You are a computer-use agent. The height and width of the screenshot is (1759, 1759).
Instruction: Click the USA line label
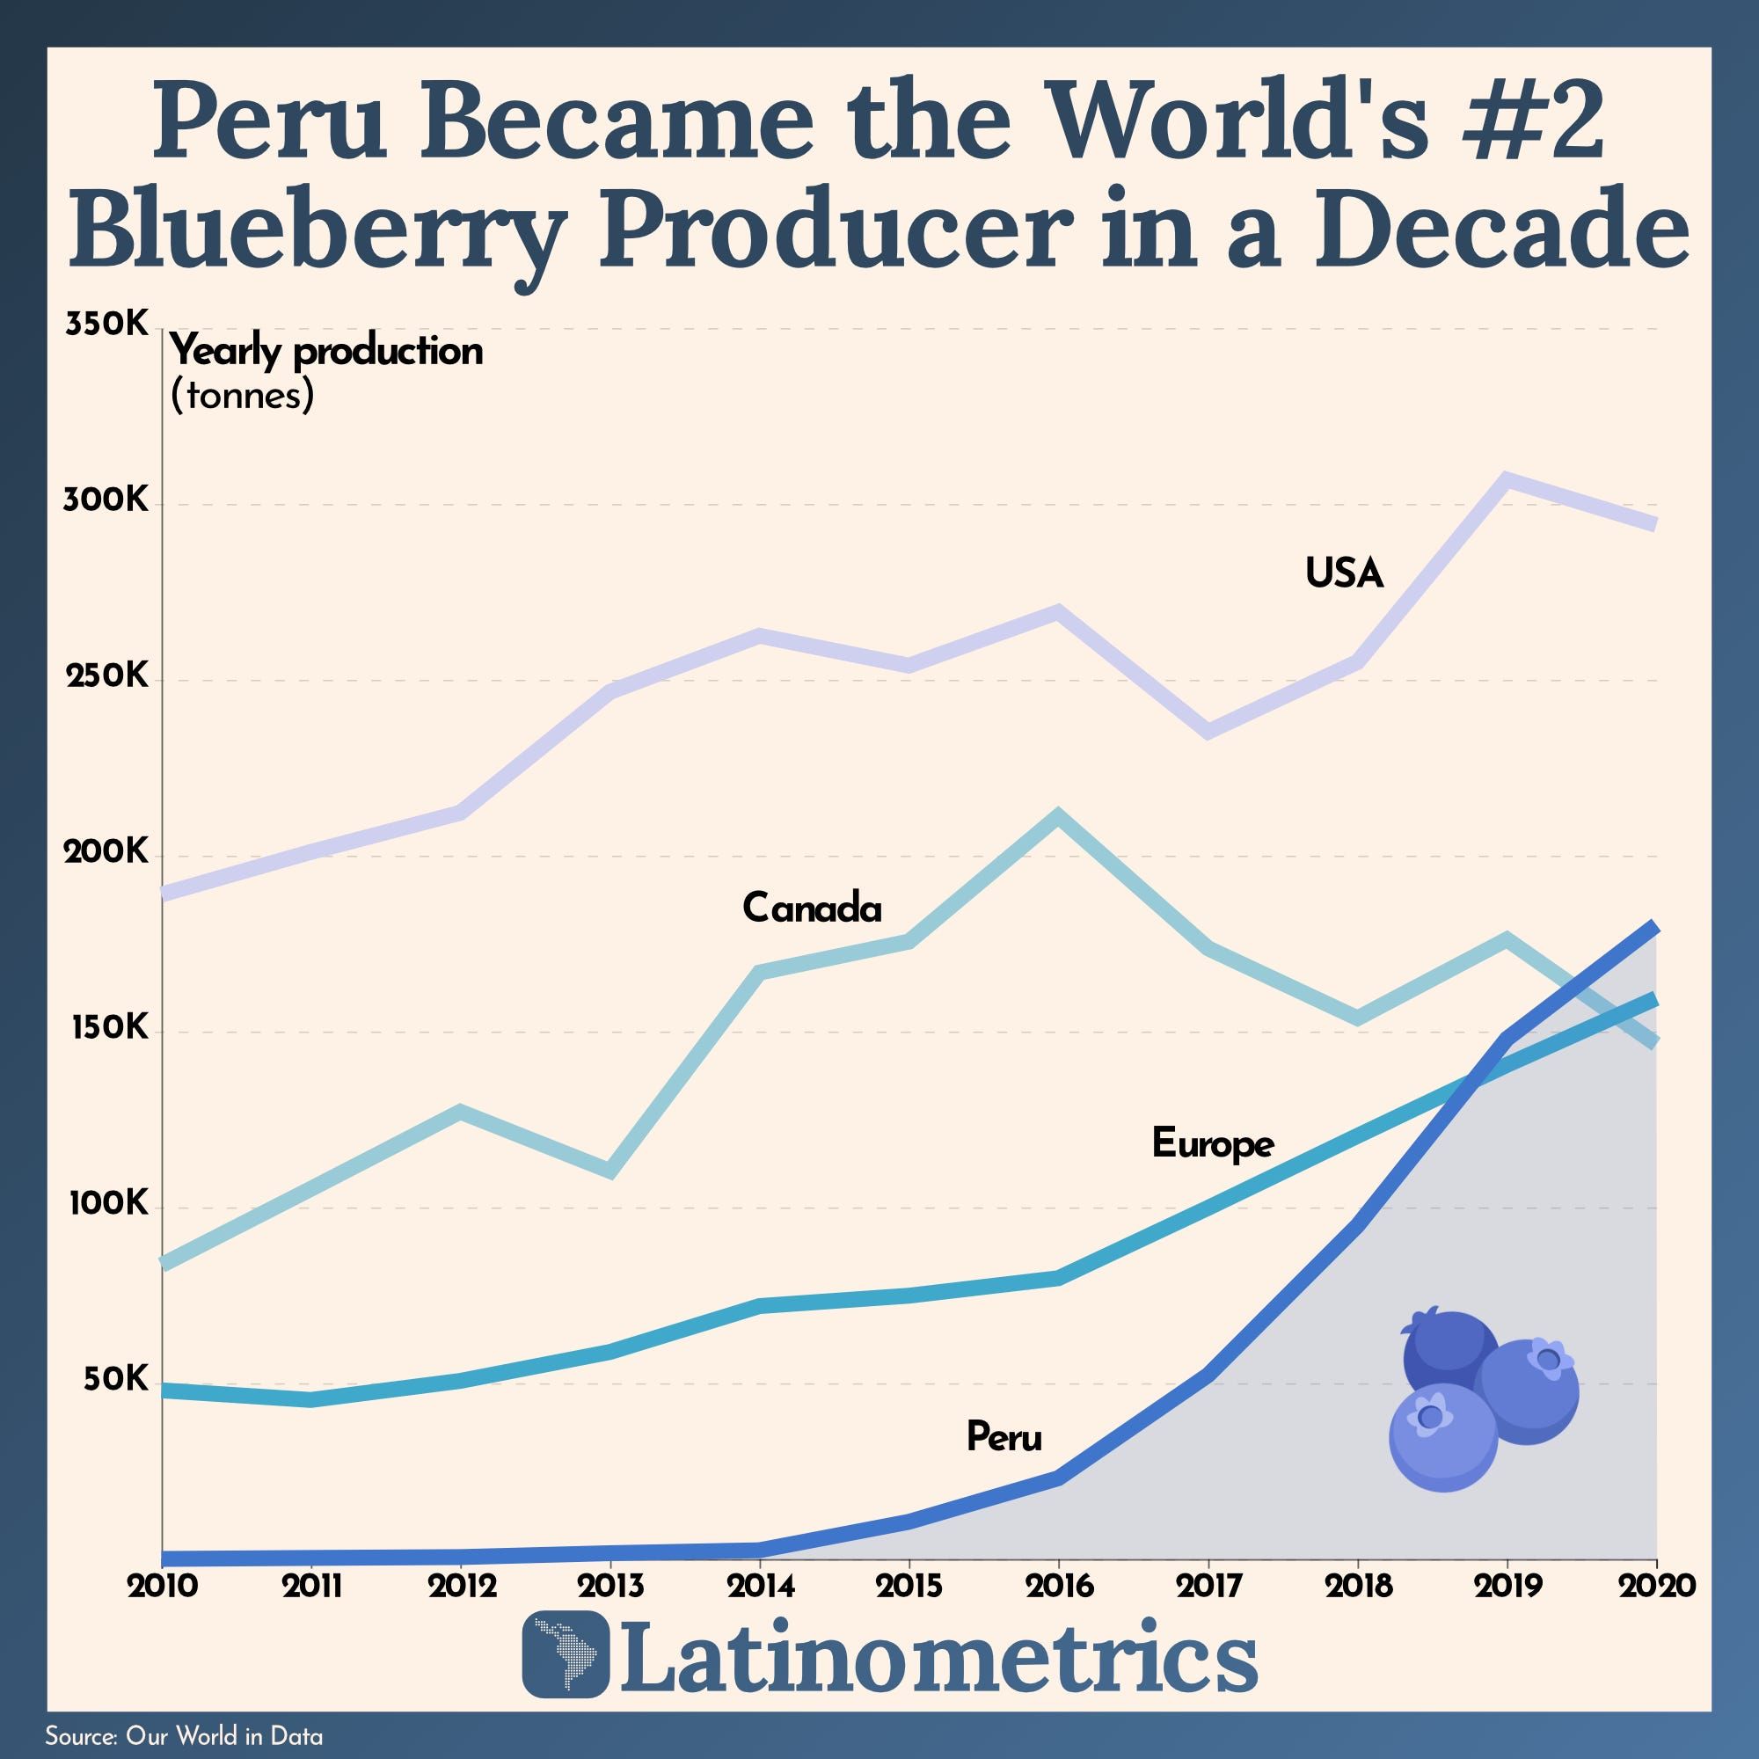pos(1344,573)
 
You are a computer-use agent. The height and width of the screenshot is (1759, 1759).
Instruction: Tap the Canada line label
pos(811,908)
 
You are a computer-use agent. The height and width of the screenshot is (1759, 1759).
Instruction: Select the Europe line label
pos(1212,1143)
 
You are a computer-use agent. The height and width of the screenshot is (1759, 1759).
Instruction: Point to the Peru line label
pos(1004,1437)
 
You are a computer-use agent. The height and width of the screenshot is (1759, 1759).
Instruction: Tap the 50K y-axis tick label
pos(114,1379)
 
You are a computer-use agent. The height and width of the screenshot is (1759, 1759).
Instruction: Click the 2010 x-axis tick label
pos(162,1585)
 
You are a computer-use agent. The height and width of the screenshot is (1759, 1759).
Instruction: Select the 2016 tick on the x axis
pos(1059,1585)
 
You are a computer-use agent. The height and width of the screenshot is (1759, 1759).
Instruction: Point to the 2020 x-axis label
pos(1656,1585)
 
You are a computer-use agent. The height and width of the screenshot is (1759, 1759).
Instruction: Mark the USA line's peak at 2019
pos(1507,479)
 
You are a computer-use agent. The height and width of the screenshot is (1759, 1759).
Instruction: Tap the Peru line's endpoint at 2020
pos(1655,927)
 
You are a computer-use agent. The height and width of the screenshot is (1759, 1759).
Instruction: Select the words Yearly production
pos(326,352)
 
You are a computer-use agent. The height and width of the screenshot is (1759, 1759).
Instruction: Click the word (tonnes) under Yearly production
pos(242,395)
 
